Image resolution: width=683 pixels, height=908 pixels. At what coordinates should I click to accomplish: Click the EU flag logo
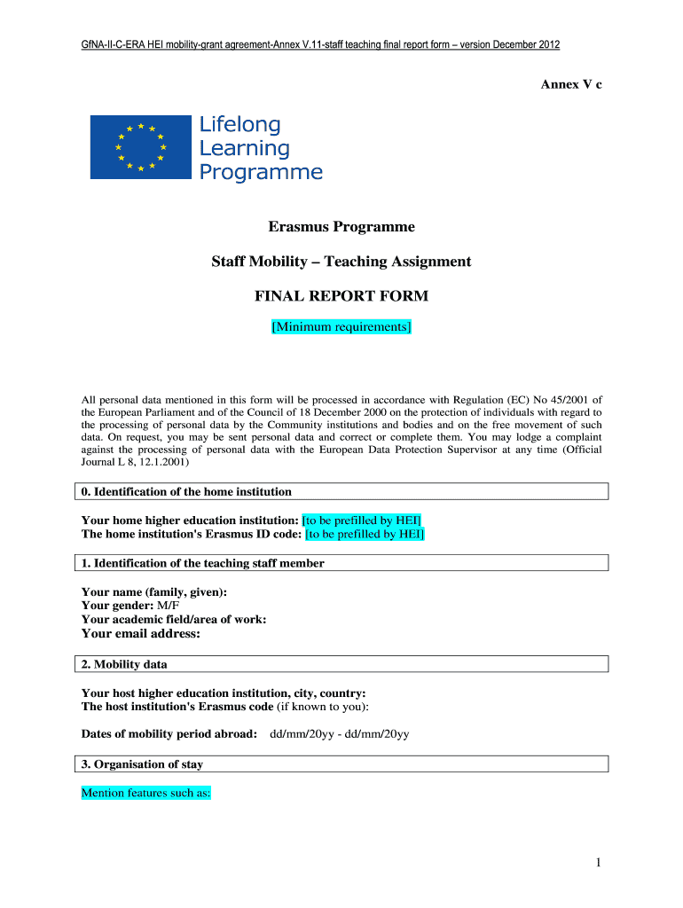pos(140,147)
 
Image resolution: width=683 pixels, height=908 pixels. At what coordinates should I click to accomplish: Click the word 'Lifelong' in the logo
pos(239,125)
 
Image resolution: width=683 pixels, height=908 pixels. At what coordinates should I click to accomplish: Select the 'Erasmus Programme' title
pos(341,227)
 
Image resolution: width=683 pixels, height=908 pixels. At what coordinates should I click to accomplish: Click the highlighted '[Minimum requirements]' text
pos(341,327)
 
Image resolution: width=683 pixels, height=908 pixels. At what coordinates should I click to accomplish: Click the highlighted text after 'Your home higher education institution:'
pos(362,520)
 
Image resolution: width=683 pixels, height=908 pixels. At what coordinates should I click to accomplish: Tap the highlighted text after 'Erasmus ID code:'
pos(365,534)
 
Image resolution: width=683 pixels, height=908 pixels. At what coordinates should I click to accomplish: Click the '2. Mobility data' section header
pos(124,664)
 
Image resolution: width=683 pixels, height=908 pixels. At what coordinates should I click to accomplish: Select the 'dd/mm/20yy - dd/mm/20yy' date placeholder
pos(339,733)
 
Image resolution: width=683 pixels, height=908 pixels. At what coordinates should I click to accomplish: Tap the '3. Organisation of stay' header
pos(142,764)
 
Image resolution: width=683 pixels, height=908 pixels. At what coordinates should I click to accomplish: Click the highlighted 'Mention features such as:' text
pos(145,793)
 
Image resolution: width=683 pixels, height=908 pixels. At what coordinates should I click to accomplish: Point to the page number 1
pos(599,863)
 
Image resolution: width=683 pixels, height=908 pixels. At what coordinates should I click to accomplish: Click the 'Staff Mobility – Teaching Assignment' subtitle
pos(341,262)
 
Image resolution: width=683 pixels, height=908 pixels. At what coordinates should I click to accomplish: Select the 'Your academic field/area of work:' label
pos(174,619)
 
